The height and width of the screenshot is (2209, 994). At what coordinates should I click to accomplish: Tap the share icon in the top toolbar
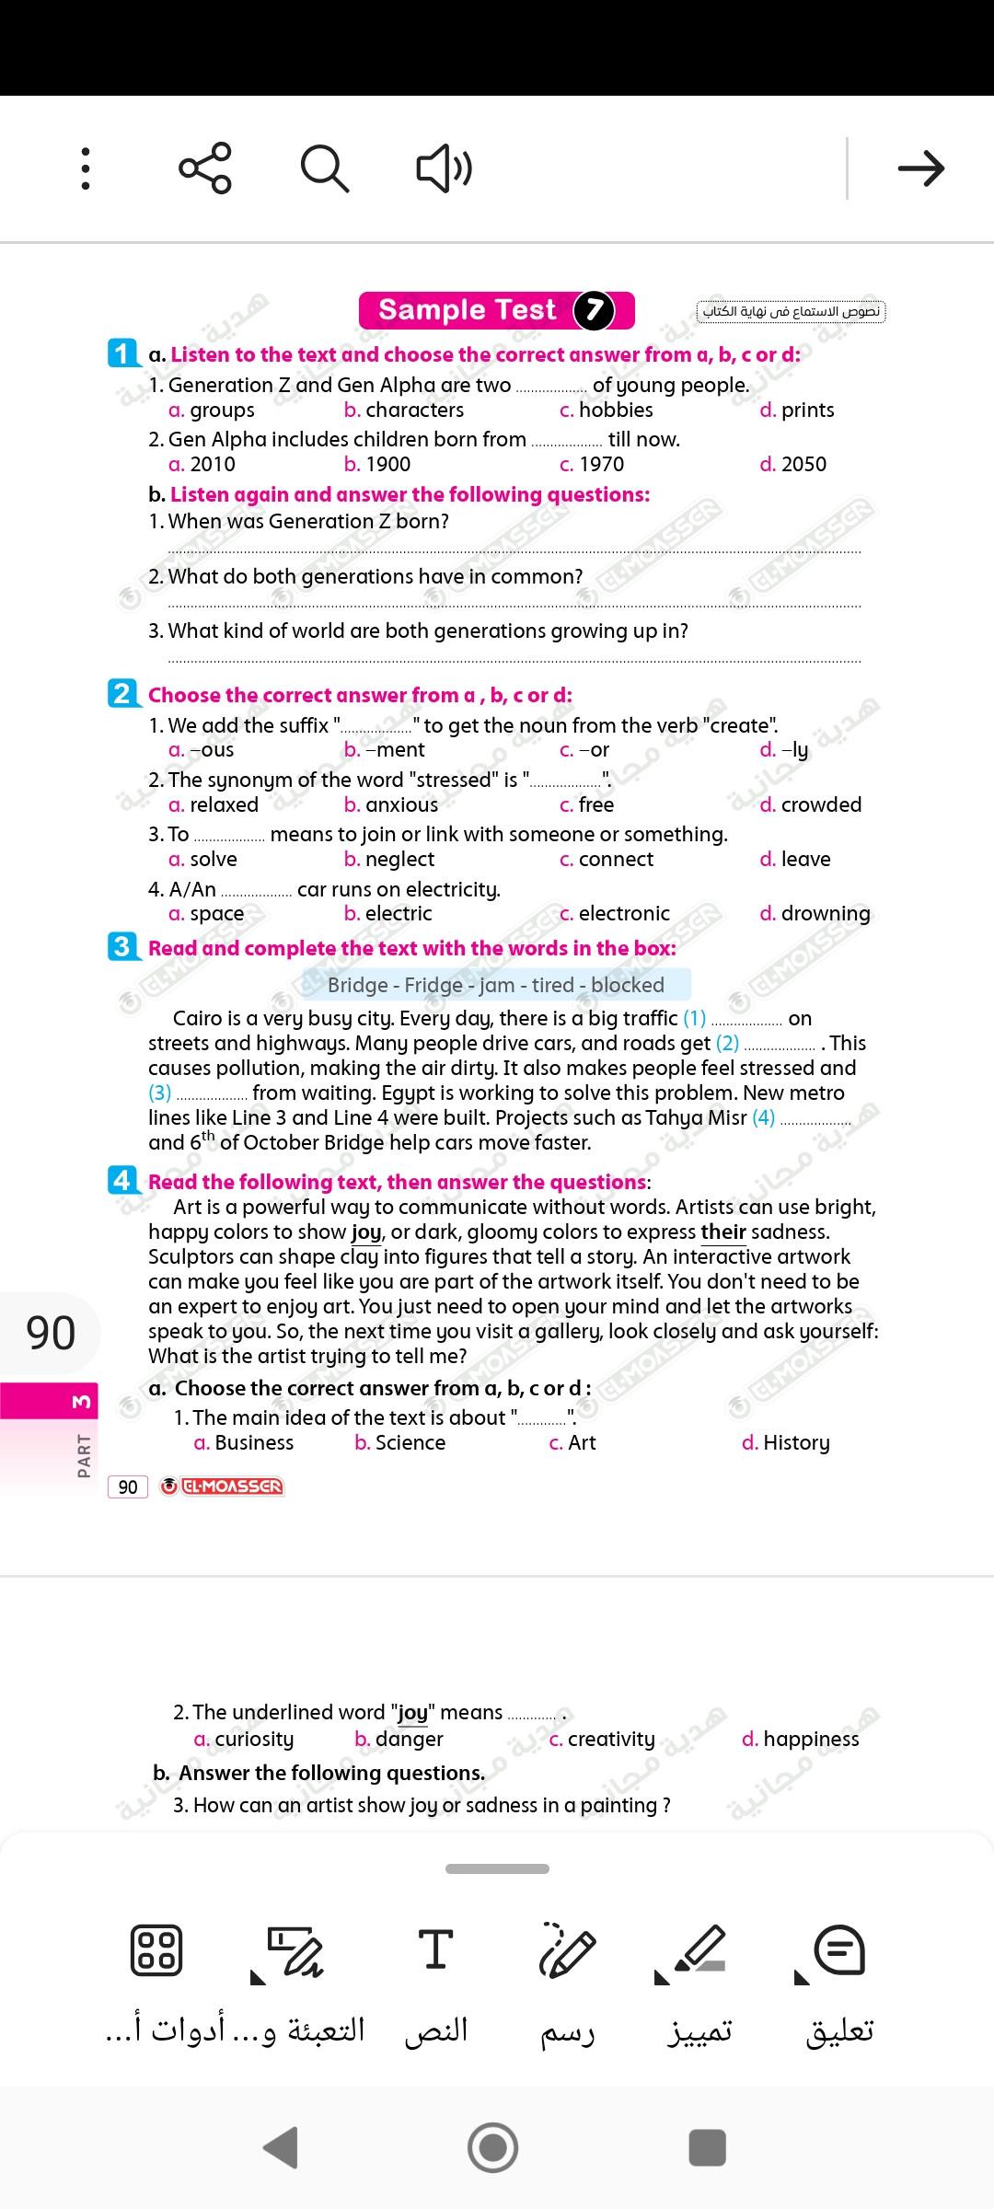click(x=205, y=168)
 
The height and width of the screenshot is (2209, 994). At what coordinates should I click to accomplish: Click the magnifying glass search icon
click(x=325, y=168)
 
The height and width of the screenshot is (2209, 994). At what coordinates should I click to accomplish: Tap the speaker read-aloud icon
click(x=445, y=168)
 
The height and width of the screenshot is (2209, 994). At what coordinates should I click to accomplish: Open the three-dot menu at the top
click(x=86, y=168)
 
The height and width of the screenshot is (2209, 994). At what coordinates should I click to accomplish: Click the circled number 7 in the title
click(x=594, y=310)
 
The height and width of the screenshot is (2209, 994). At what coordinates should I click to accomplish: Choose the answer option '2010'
click(x=212, y=465)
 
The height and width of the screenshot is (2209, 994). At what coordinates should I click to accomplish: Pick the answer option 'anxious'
click(x=401, y=805)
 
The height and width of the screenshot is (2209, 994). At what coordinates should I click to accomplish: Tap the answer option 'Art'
click(x=581, y=1443)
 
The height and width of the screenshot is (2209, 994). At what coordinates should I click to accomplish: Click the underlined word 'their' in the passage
click(x=723, y=1232)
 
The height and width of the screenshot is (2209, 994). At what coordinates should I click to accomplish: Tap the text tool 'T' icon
click(x=435, y=1949)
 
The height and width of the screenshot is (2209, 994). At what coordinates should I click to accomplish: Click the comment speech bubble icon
click(x=839, y=1949)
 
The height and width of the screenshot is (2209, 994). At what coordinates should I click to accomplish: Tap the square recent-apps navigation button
click(x=707, y=2147)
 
